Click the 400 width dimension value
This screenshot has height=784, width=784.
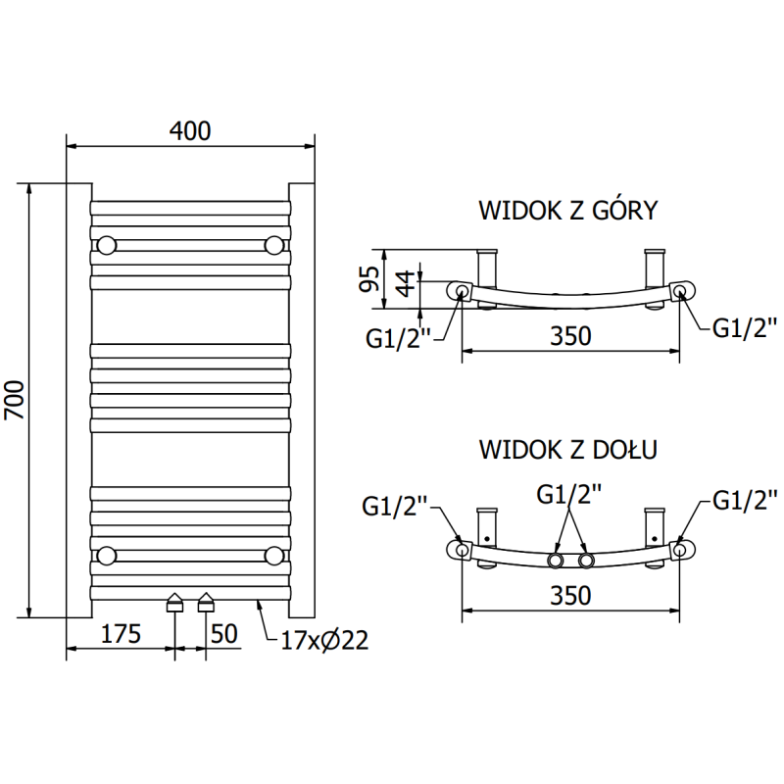(192, 130)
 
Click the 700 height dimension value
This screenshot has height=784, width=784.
(15, 400)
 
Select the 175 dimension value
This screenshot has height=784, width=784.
(121, 633)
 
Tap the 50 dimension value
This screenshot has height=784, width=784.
(224, 633)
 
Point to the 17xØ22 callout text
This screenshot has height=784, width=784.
(324, 642)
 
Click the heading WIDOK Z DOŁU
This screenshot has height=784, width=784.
(567, 450)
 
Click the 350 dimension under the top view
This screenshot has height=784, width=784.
(570, 335)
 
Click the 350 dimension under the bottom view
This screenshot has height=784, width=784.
(570, 595)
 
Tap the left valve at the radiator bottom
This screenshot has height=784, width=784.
(174, 603)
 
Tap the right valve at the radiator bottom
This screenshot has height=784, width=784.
(207, 603)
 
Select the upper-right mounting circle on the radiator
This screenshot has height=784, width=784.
(275, 244)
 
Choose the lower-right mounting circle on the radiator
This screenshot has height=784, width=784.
(275, 556)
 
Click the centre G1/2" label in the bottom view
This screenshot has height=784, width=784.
(569, 495)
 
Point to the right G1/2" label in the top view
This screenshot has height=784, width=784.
(744, 327)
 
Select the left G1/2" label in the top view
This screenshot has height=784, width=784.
(400, 338)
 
